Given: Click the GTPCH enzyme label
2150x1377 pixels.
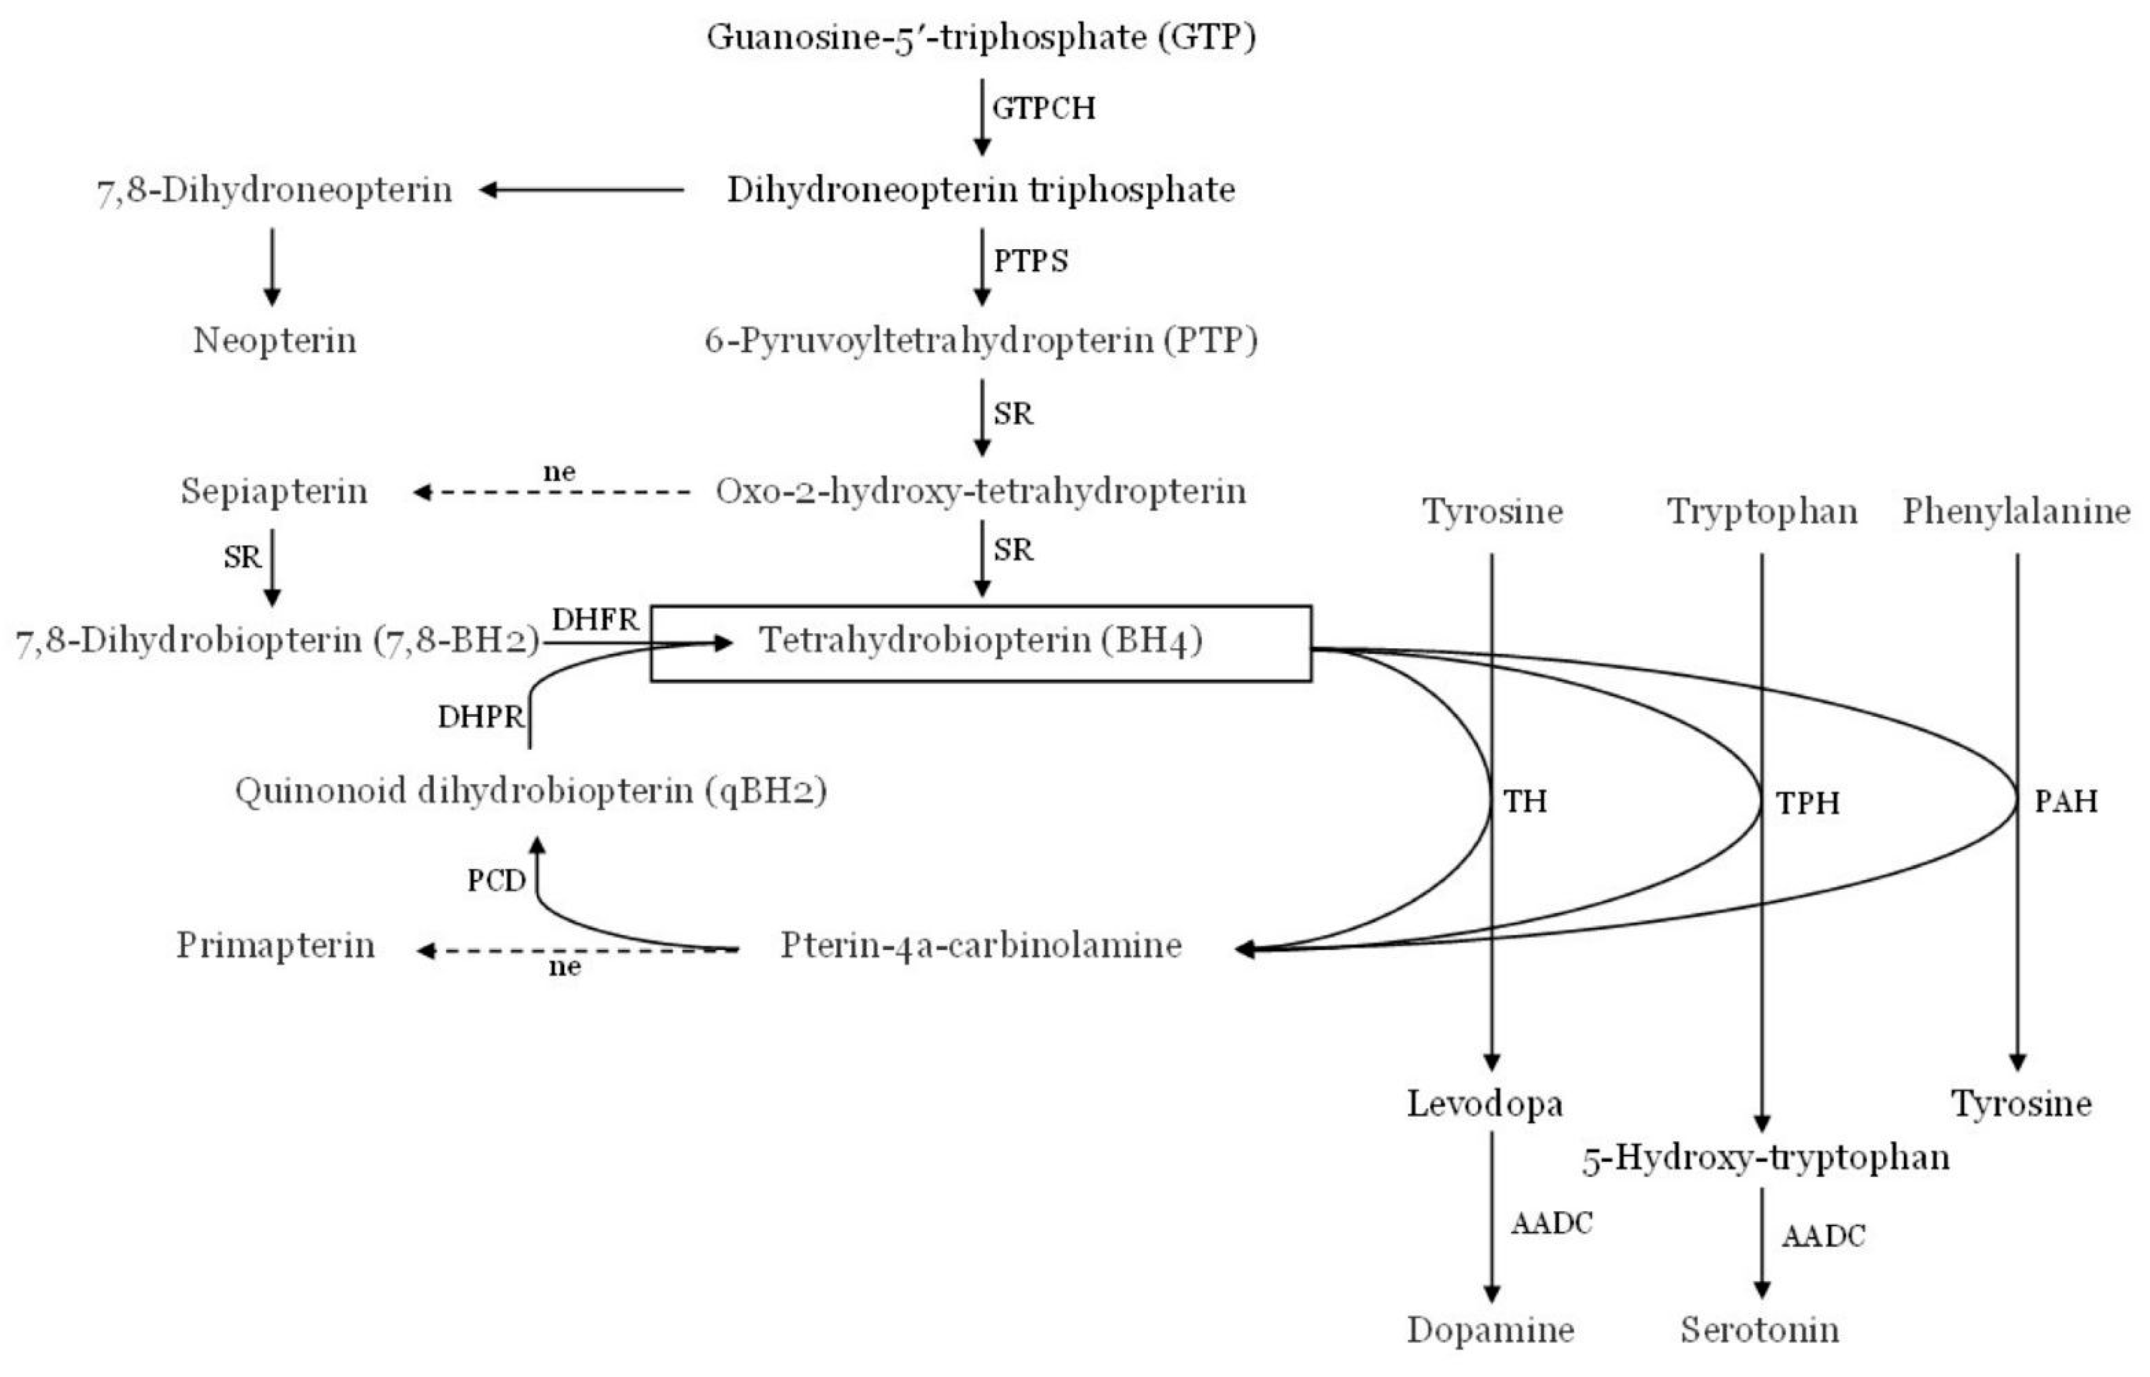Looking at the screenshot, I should [x=1044, y=108].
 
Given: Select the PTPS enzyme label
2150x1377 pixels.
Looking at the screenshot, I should [x=1031, y=261].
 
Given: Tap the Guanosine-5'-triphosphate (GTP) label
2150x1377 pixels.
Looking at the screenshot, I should [x=981, y=38].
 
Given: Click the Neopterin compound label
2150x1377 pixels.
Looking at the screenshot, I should [x=275, y=341].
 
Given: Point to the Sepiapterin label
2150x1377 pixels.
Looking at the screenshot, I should [x=274, y=491].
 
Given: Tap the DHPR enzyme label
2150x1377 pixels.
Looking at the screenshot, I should [x=480, y=717].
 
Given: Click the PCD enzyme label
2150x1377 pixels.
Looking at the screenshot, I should [x=496, y=881].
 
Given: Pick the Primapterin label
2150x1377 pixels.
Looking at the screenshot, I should [x=275, y=945].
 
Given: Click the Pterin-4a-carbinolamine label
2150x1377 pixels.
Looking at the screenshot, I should [x=981, y=945].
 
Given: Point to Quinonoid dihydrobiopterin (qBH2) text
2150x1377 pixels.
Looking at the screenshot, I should [x=530, y=791].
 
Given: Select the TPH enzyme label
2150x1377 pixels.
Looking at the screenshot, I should [x=1807, y=803].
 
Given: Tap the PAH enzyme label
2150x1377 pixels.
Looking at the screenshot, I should [x=2066, y=801].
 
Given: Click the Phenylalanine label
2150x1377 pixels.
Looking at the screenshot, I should [x=2016, y=512].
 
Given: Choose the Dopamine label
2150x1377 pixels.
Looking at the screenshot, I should [x=1490, y=1330].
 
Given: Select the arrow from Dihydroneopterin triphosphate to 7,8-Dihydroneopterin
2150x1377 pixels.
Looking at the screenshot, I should [x=581, y=190].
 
